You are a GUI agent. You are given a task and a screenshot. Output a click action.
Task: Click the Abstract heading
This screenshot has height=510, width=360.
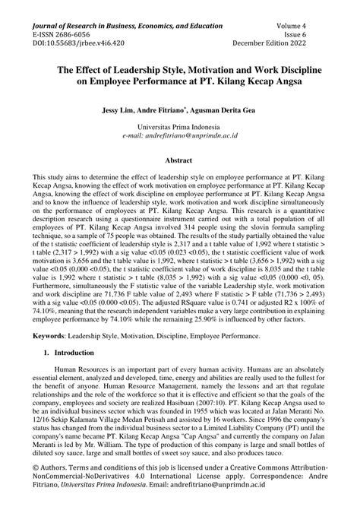[179, 160]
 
